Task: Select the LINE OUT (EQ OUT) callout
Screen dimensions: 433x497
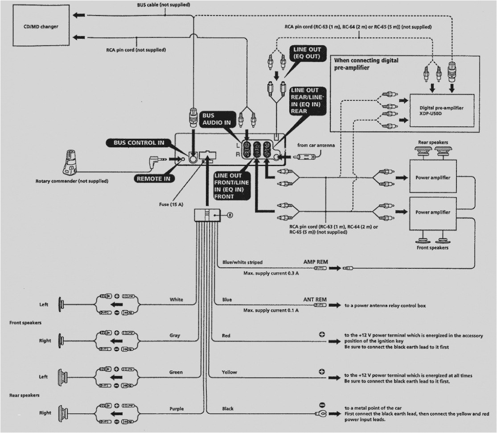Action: (306, 53)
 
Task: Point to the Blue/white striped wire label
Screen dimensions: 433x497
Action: (242, 262)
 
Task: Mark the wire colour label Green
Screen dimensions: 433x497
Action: (176, 372)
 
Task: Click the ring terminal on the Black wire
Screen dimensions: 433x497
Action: (322, 413)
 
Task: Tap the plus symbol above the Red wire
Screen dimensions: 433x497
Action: (321, 334)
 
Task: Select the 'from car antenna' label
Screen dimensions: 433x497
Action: (316, 145)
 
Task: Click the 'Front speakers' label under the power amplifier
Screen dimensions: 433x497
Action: (432, 247)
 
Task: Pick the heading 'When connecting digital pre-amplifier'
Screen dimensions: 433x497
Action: (366, 64)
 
